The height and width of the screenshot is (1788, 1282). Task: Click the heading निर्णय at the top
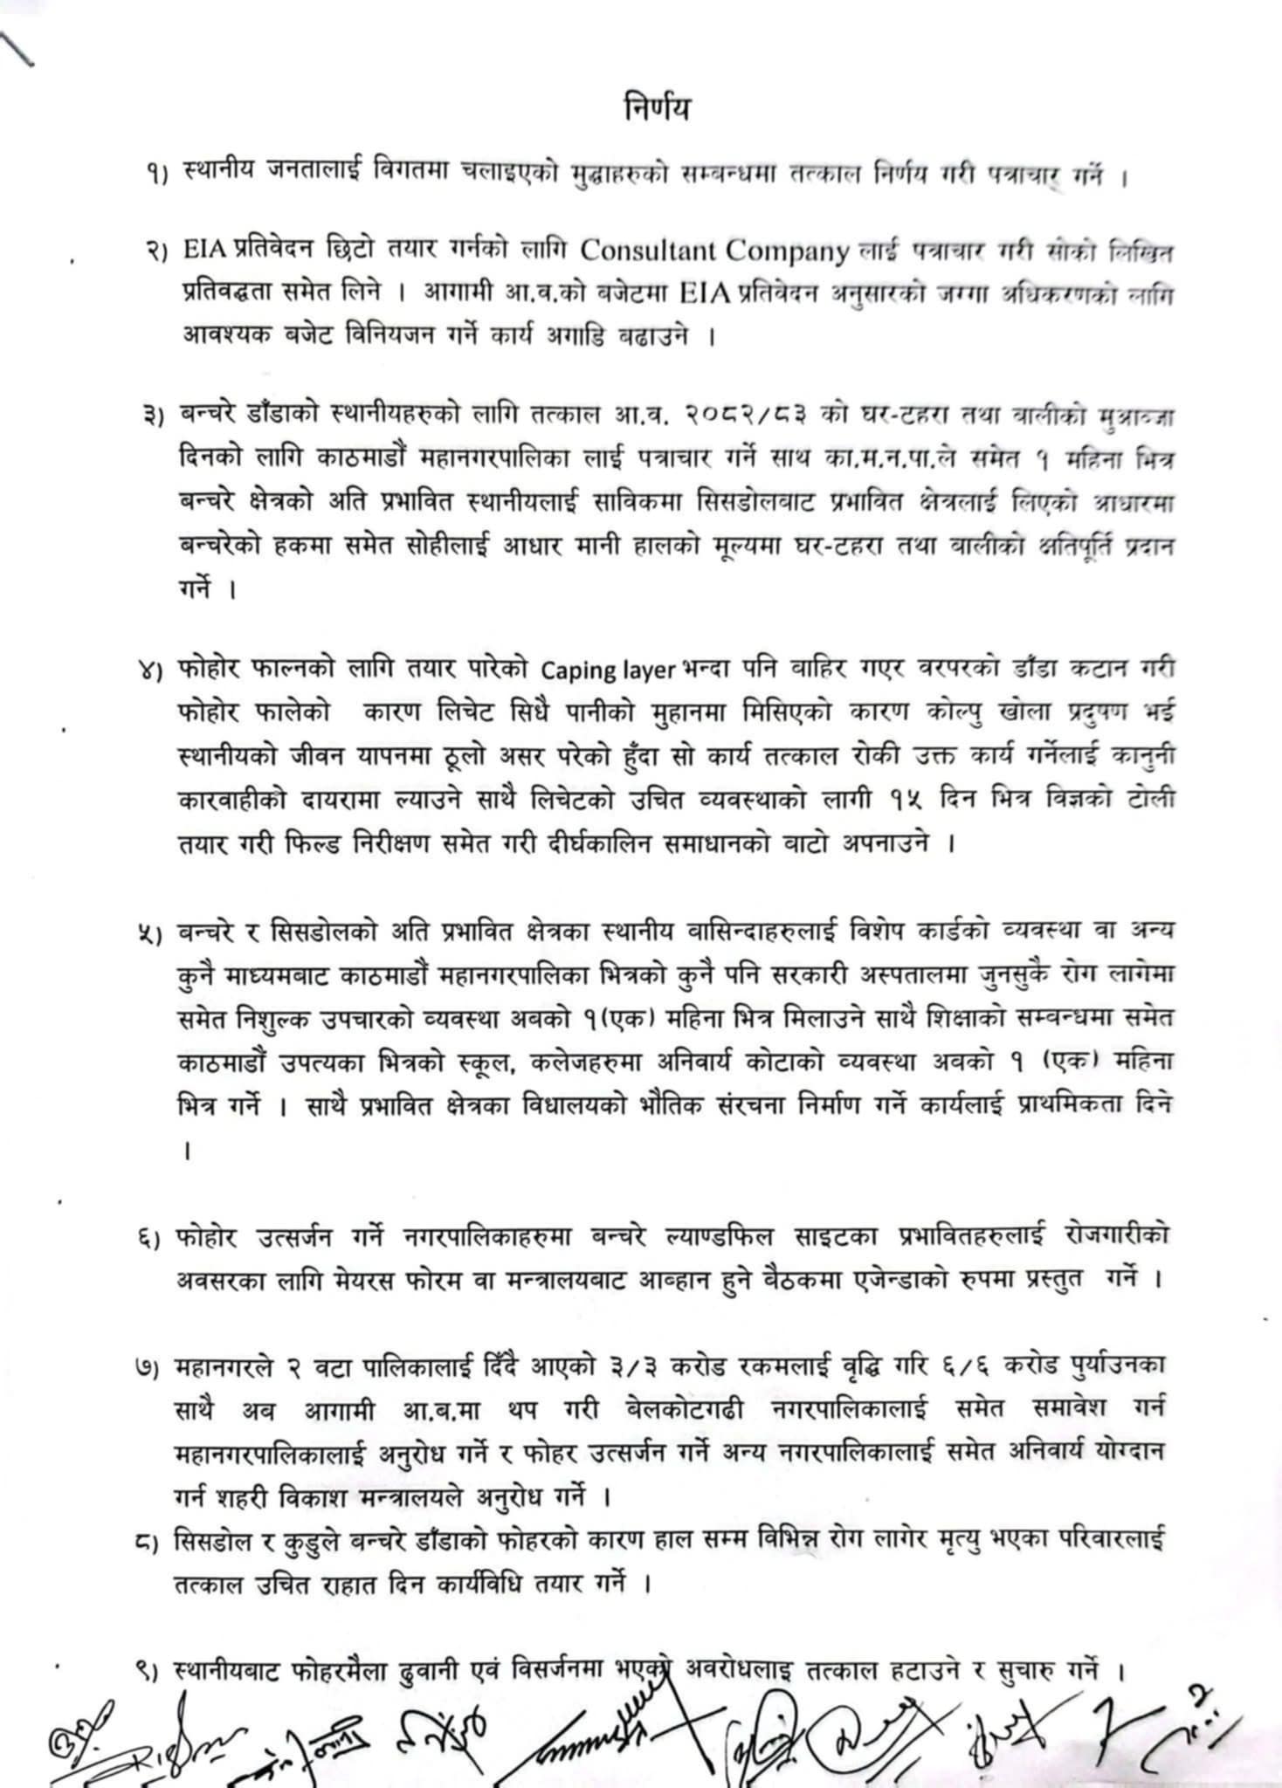coord(657,111)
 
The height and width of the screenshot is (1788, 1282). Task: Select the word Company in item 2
coord(789,251)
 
